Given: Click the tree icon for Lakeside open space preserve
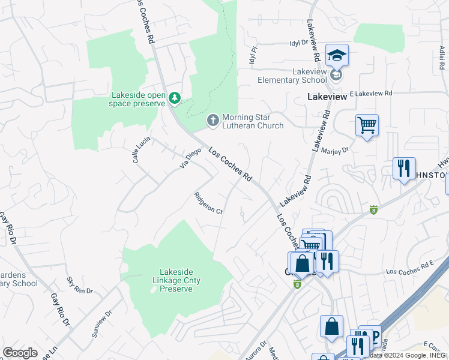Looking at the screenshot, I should pos(174,97).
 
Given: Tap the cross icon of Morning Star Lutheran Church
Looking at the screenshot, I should pos(212,121).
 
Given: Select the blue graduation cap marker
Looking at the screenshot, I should pos(337,55).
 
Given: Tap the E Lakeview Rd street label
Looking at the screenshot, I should pos(370,94).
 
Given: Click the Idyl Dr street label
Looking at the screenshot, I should pos(298,43).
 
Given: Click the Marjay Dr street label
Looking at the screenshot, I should pos(335,151).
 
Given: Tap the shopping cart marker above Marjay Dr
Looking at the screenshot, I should pos(367,125).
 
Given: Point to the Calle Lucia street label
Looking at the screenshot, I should pos(139,150).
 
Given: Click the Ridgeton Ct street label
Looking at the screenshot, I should pos(208,203).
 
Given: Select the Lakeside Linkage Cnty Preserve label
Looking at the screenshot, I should pos(176,280).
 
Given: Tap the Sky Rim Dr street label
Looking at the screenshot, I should pos(80,286).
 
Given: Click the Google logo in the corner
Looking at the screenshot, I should pos(20,353).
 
